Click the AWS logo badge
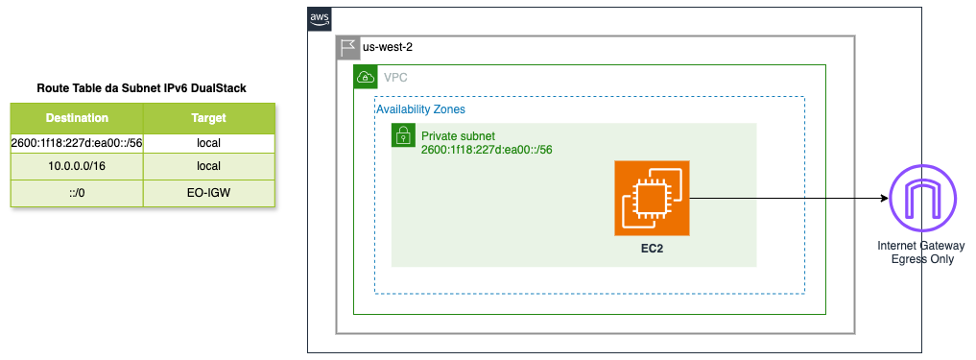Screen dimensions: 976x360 click(x=320, y=18)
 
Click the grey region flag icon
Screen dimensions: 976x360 click(x=347, y=47)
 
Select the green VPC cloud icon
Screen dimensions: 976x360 click(x=365, y=77)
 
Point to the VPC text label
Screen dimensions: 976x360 click(x=396, y=77)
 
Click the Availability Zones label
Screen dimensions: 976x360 click(x=420, y=109)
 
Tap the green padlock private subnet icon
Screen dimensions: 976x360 click(x=403, y=135)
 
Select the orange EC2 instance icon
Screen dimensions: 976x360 click(x=652, y=198)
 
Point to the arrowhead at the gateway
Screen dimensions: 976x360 click(x=883, y=198)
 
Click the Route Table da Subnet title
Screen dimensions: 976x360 click(x=142, y=88)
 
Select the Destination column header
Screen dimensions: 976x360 click(x=77, y=118)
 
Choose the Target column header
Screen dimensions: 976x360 click(x=208, y=118)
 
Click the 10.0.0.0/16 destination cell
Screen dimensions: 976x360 click(x=77, y=166)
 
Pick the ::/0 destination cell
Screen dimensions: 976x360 click(x=77, y=193)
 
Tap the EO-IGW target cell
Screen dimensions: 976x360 click(x=208, y=193)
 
